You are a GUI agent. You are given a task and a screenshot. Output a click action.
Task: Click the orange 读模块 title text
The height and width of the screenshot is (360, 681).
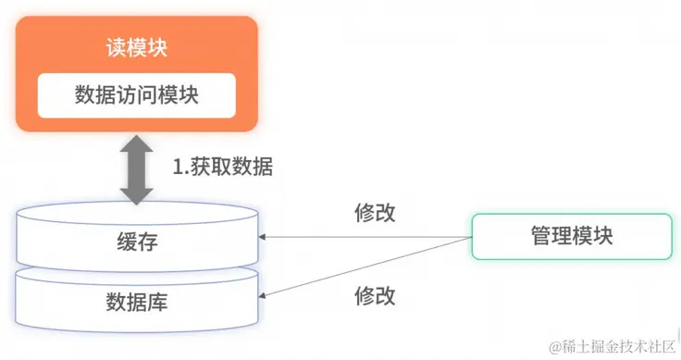(136, 48)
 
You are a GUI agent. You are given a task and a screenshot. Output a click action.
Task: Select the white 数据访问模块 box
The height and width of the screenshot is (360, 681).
(136, 95)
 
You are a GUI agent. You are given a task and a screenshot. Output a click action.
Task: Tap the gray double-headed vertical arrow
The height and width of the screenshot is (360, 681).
(136, 168)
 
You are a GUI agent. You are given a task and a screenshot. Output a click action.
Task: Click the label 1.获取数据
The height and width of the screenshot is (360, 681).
(223, 168)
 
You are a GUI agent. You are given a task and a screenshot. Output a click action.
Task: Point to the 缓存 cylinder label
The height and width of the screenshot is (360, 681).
(137, 242)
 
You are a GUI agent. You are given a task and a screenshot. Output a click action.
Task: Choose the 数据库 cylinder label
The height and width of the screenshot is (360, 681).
(137, 302)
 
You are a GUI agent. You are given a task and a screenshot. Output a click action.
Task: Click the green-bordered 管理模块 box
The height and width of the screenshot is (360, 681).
(572, 236)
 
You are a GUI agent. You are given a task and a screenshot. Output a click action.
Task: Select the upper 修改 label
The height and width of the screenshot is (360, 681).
(375, 212)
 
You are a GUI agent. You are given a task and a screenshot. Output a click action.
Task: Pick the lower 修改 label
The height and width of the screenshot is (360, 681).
(375, 296)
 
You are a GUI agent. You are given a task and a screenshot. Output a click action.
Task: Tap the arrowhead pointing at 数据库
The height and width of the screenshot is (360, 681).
(266, 298)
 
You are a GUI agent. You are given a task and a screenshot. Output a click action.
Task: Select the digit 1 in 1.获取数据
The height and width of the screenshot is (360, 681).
(178, 168)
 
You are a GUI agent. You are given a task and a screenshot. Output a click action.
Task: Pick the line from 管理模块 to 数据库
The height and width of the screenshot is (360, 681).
(370, 268)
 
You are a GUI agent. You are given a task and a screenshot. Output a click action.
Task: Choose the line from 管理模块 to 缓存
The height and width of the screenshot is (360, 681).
(370, 237)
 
